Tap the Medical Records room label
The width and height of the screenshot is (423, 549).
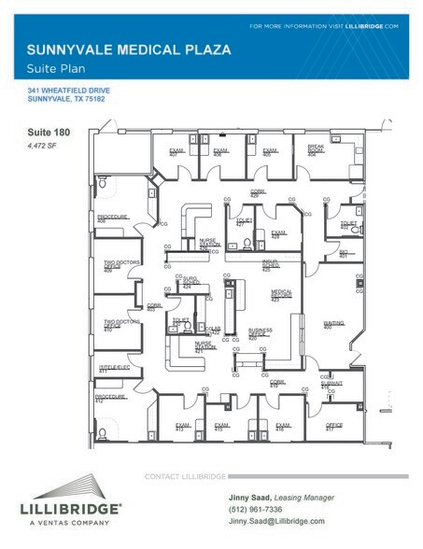click(x=282, y=295)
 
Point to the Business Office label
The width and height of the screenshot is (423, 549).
click(x=260, y=333)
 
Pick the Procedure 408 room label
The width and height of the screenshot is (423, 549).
click(x=113, y=218)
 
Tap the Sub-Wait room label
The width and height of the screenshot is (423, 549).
click(x=331, y=383)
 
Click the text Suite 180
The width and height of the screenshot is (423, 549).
click(x=46, y=134)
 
